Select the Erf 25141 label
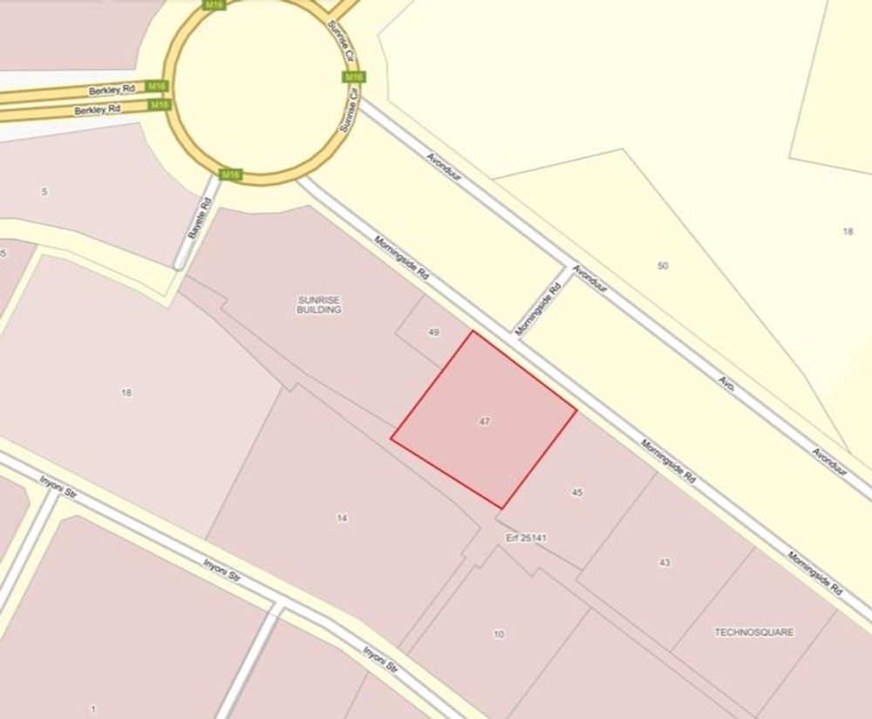pos(526,538)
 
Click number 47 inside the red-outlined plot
pos(485,421)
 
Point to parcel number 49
pos(434,332)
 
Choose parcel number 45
pos(576,493)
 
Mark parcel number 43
pos(665,563)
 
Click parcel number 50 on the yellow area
pos(663,265)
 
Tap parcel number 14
pos(342,518)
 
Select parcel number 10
pos(499,634)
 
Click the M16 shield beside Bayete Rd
pos(229,175)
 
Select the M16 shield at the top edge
pos(213,4)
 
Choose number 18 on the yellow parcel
pos(848,231)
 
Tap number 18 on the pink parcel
pos(126,393)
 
